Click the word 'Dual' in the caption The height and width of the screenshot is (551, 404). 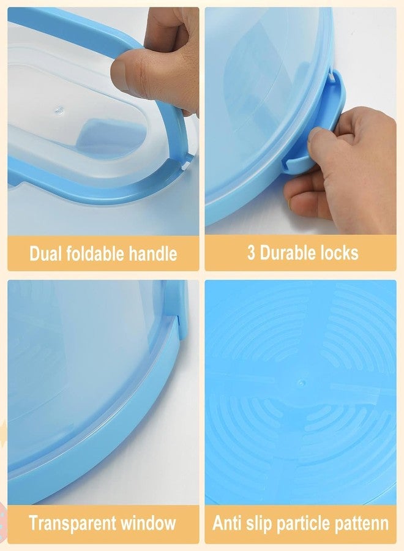(x=48, y=253)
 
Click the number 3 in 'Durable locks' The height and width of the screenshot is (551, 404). (x=252, y=253)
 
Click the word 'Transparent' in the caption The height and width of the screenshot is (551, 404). (x=73, y=523)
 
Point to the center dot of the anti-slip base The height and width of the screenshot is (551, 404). (x=300, y=383)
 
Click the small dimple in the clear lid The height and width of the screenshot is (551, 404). (x=59, y=111)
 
